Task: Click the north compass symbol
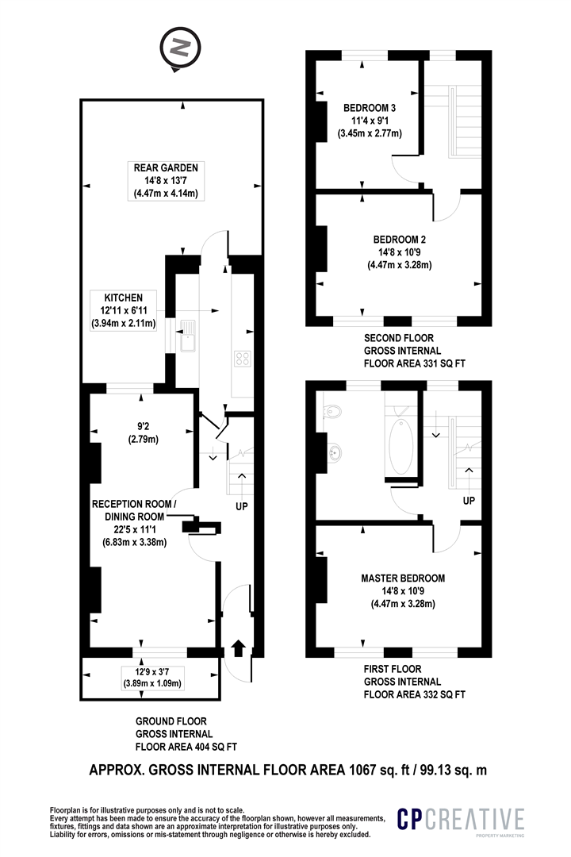pyautogui.click(x=180, y=48)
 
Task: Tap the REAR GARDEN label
pyautogui.click(x=166, y=167)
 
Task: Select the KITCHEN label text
pyautogui.click(x=124, y=298)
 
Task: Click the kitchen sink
pyautogui.click(x=187, y=335)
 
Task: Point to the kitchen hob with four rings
pyautogui.click(x=243, y=359)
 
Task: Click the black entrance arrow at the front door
pyautogui.click(x=238, y=648)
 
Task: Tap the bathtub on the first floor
pyautogui.click(x=401, y=447)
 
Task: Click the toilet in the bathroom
pyautogui.click(x=332, y=410)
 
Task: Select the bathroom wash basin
pyautogui.click(x=334, y=452)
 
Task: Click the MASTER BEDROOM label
pyautogui.click(x=403, y=578)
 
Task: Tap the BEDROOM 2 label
pyautogui.click(x=400, y=240)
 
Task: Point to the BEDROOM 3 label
pyautogui.click(x=370, y=108)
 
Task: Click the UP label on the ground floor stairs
pyautogui.click(x=242, y=506)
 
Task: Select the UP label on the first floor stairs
pyautogui.click(x=469, y=501)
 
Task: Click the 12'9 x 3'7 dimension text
pyautogui.click(x=152, y=672)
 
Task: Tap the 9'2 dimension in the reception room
pyautogui.click(x=144, y=426)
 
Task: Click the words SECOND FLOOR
pyautogui.click(x=399, y=338)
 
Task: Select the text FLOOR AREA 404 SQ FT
pyautogui.click(x=186, y=747)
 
